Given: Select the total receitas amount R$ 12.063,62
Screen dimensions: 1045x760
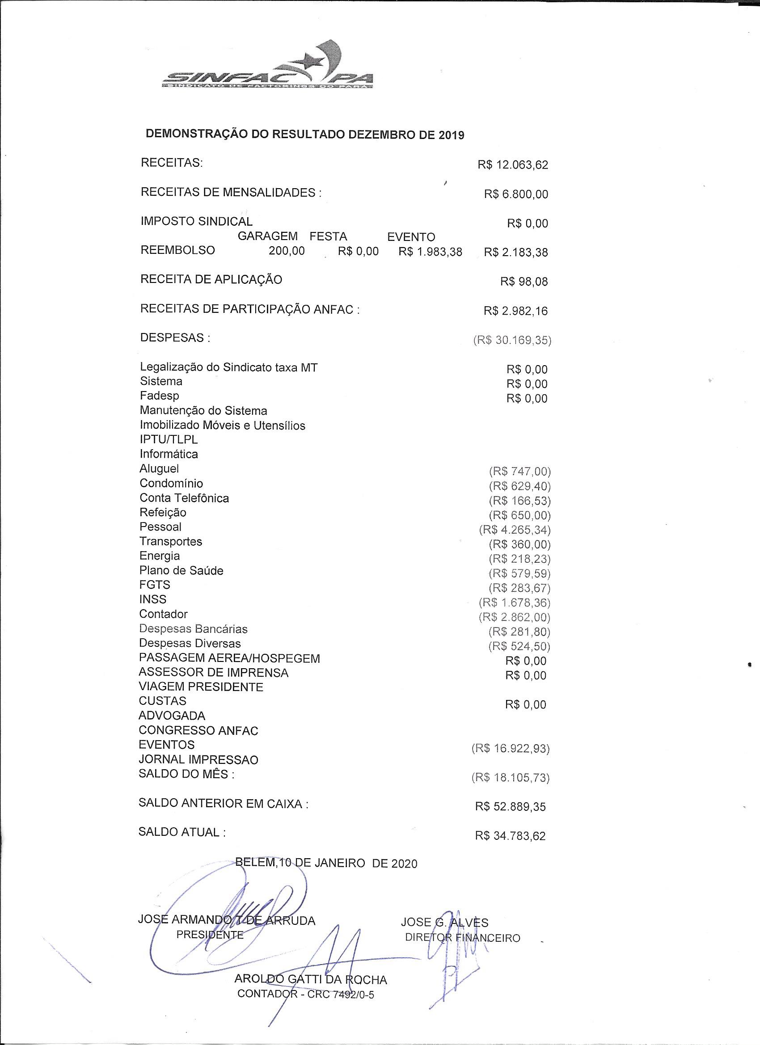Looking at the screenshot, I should [513, 165].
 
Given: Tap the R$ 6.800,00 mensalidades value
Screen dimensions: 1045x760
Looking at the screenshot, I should [516, 194].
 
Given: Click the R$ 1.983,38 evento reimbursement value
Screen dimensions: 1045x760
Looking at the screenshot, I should [430, 252].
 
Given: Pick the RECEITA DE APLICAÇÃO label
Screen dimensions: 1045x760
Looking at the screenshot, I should [211, 280].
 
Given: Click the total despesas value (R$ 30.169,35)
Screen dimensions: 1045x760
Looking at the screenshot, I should [512, 341].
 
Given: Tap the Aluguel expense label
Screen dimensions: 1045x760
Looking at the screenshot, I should [159, 468].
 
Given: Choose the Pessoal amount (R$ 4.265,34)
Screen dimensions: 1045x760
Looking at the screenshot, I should [515, 530].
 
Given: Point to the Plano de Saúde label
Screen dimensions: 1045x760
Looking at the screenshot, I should [181, 570].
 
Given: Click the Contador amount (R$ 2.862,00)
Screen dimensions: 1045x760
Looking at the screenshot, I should [515, 617].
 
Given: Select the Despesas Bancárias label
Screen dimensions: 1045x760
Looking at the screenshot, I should [193, 629].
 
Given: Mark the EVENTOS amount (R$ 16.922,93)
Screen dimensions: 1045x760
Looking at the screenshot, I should [510, 749].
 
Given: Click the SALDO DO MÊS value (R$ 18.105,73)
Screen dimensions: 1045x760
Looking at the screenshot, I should [510, 778].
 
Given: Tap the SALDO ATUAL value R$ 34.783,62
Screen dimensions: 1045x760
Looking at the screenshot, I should [510, 836].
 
